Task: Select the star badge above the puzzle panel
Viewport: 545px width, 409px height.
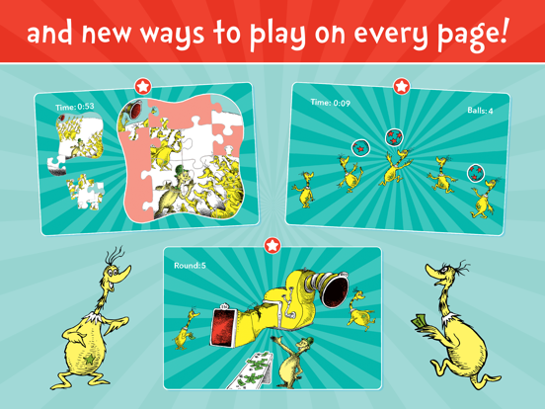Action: (x=143, y=88)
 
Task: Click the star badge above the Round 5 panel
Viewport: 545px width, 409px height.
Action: (x=272, y=244)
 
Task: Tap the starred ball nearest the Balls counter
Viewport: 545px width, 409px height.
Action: (x=476, y=173)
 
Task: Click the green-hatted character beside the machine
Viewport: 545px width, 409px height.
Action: (x=290, y=356)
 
